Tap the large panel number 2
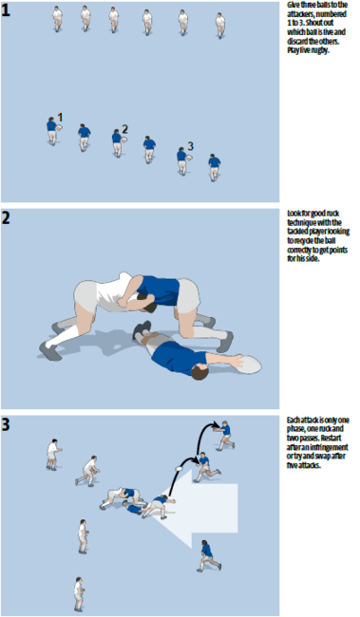(x=8, y=218)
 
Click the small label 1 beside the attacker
(x=60, y=118)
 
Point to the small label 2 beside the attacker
(x=124, y=129)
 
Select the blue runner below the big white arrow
(x=206, y=553)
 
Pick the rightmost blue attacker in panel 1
(x=214, y=167)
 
